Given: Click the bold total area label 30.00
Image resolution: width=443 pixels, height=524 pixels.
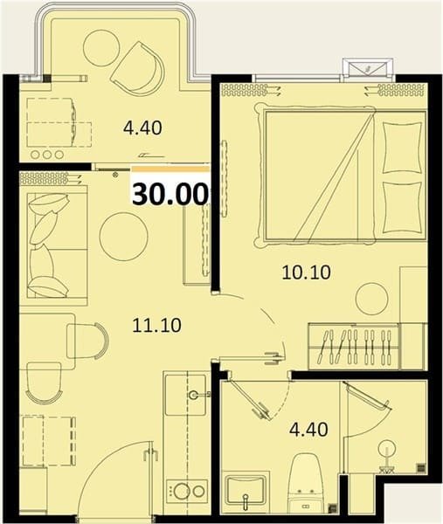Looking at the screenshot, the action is click(x=169, y=194).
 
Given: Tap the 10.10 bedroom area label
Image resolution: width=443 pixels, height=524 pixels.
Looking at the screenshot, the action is click(x=306, y=272).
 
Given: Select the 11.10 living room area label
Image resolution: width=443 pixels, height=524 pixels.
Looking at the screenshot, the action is click(x=156, y=325).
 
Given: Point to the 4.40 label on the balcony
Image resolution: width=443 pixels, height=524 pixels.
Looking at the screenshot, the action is click(x=142, y=128).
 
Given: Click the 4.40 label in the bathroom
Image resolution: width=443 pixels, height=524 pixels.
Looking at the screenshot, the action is click(x=308, y=430).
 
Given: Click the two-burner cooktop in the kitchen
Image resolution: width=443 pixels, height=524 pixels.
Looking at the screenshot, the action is click(x=187, y=491).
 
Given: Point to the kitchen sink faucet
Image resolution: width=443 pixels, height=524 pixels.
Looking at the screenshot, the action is click(x=198, y=395).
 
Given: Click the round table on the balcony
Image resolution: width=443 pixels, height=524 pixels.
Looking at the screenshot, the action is click(x=101, y=46).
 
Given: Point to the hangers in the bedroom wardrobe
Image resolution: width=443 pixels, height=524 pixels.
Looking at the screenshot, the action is click(x=356, y=347).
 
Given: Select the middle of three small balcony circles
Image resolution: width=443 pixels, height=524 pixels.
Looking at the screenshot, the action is click(x=47, y=155).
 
